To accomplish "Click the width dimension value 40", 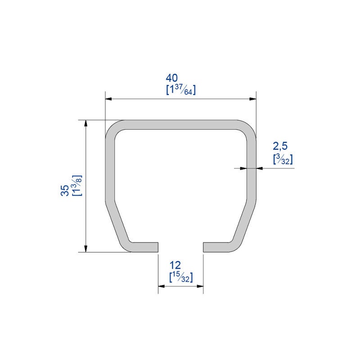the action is tap(172, 78).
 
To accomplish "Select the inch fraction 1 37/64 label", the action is tap(181, 90).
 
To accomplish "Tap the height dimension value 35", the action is tap(65, 190).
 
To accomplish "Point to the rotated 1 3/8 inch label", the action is tap(77, 185).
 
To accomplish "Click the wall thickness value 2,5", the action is tap(280, 146).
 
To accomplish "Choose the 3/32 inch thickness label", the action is tap(283, 159).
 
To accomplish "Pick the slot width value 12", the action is tap(175, 265).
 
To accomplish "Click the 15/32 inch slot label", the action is tap(181, 277).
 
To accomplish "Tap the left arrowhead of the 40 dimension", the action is tap(108, 99).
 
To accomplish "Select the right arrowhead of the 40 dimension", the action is tap(253, 99).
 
